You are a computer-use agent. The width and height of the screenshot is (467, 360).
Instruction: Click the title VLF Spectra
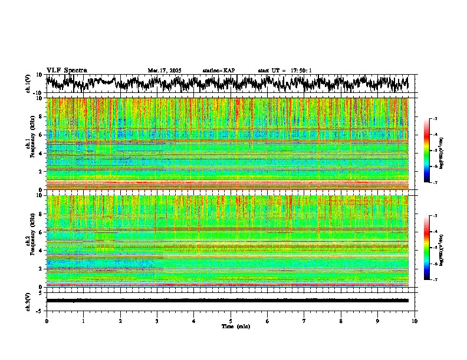click(67, 70)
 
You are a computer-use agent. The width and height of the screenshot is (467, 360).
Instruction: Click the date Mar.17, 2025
click(165, 71)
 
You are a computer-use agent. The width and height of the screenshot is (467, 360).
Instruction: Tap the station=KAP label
click(219, 71)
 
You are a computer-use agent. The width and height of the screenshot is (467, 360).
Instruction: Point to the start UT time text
click(285, 71)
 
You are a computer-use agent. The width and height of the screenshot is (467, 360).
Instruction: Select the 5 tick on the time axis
click(231, 321)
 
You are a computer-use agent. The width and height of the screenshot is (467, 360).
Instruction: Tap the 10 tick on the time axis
click(415, 321)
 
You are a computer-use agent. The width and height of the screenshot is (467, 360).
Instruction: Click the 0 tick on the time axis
click(47, 321)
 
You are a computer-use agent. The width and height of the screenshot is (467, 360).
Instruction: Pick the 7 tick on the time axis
click(304, 321)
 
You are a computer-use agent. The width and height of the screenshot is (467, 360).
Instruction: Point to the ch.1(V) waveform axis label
click(28, 83)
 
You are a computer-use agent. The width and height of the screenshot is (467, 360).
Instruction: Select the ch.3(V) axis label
click(28, 301)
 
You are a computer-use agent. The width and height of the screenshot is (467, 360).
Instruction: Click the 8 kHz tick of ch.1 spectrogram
click(41, 116)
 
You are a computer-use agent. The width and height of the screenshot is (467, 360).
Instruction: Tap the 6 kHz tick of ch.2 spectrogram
click(41, 232)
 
